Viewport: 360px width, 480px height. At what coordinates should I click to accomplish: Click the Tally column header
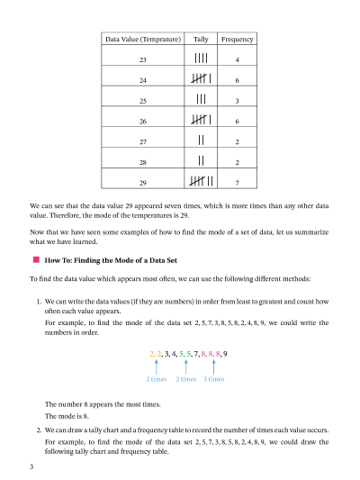[200, 40]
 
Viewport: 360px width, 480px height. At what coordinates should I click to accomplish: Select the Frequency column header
[237, 40]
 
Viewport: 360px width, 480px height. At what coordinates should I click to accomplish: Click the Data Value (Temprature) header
[142, 40]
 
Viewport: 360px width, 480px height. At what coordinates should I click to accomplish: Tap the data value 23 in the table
[142, 59]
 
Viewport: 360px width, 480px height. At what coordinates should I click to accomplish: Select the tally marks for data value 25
[202, 100]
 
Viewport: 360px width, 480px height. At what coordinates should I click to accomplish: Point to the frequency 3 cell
[237, 101]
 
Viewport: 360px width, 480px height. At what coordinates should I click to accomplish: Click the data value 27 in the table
[142, 141]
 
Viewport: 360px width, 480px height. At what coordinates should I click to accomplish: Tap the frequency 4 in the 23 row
[237, 59]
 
